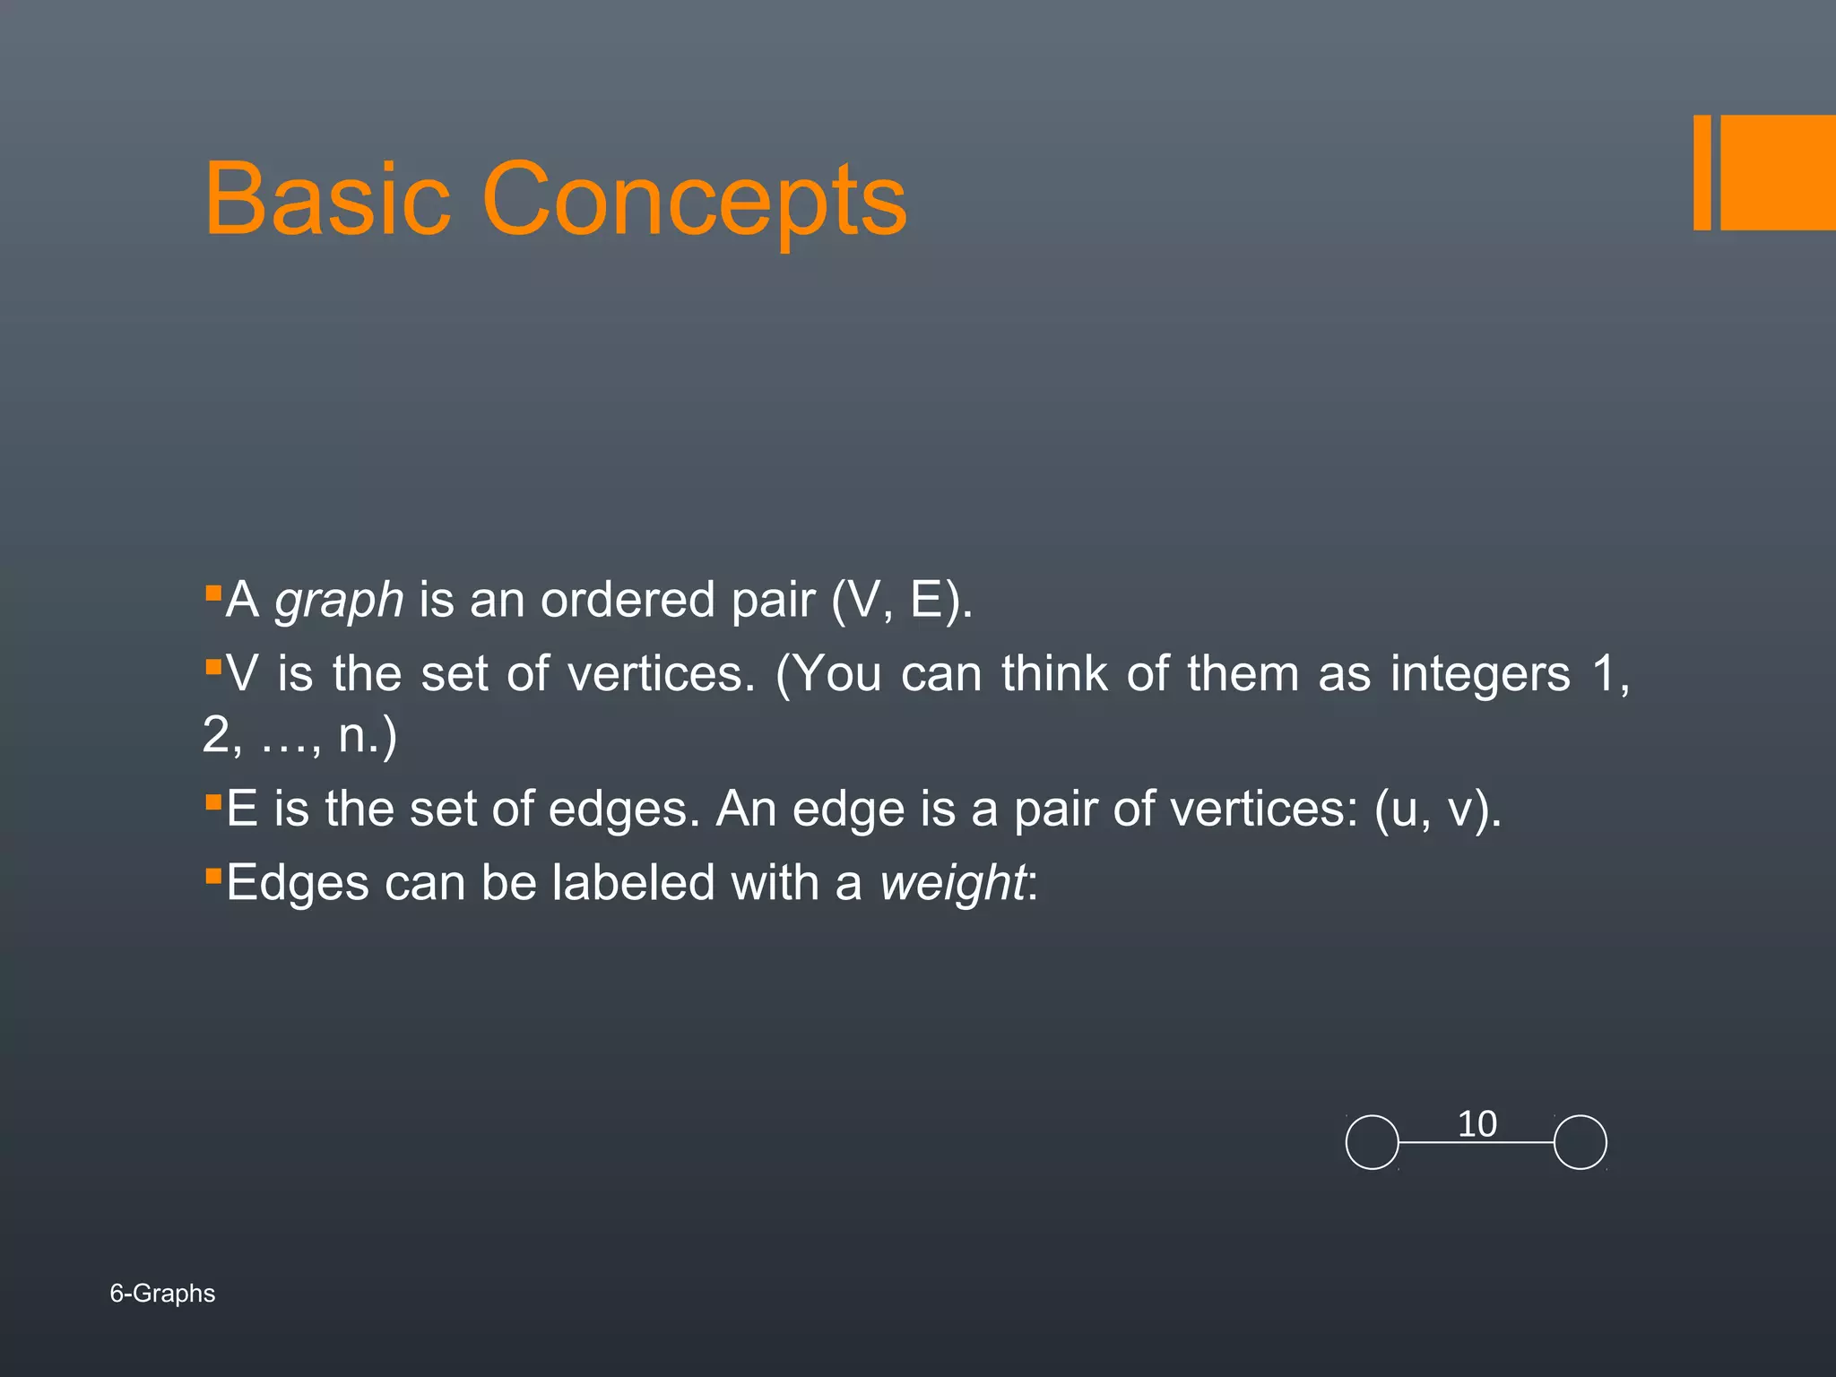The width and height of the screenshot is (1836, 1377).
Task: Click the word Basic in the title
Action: (x=326, y=198)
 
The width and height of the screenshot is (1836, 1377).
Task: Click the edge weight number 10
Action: (x=1477, y=1124)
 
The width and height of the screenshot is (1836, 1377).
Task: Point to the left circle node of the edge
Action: (x=1372, y=1142)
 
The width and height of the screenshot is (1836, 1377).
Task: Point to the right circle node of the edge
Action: (x=1580, y=1142)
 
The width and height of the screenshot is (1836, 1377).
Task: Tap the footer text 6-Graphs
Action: (x=162, y=1294)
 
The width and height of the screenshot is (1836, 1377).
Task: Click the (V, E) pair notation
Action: (x=900, y=600)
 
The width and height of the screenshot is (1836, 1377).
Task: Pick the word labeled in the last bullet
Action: (x=633, y=883)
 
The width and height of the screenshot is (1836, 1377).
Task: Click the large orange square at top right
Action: (x=1778, y=172)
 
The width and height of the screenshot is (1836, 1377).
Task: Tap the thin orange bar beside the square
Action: (x=1702, y=172)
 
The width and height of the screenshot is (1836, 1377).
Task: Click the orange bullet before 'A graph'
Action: (x=212, y=593)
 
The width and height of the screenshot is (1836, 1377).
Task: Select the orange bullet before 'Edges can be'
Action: (x=212, y=875)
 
